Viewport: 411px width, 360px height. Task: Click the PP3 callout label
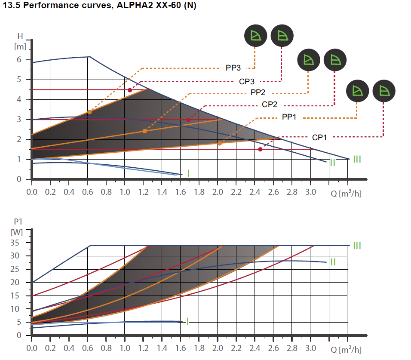(x=233, y=68)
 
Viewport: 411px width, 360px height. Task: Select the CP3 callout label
(x=247, y=81)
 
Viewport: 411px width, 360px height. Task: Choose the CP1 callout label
(x=319, y=137)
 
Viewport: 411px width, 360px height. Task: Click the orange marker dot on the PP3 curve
(x=89, y=112)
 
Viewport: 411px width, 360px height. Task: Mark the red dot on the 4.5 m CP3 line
(x=130, y=90)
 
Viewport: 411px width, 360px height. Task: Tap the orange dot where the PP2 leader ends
(x=144, y=131)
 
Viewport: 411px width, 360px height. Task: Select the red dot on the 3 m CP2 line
(x=188, y=120)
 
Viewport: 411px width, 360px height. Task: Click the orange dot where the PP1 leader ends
(x=219, y=143)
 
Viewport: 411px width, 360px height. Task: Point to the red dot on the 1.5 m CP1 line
(x=260, y=149)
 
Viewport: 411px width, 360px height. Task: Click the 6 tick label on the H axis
(x=19, y=60)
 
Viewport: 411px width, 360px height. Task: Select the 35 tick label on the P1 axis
(x=16, y=243)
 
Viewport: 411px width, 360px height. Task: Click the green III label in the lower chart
(x=357, y=246)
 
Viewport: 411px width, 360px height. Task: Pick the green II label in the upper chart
(x=332, y=163)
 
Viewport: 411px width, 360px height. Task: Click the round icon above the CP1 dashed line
(x=383, y=91)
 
